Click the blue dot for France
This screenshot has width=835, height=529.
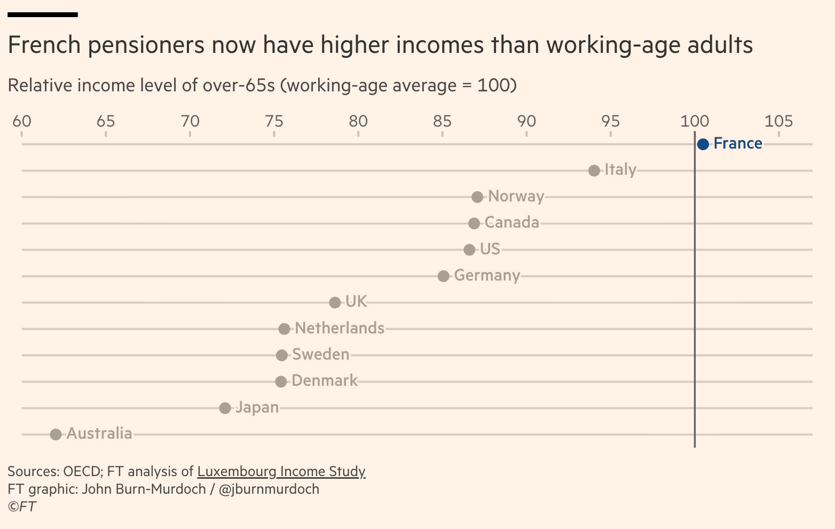703,144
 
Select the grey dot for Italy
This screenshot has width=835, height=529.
594,170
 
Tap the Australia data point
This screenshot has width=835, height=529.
56,434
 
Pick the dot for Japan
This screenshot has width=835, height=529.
225,408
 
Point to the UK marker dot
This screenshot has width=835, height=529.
335,302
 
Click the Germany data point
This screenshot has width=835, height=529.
443,276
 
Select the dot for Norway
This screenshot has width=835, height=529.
477,197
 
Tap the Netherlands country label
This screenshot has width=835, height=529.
340,328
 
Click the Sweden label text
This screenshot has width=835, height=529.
321,354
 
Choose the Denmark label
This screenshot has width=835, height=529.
325,380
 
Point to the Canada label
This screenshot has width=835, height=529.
511,222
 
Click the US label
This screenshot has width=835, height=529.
490,249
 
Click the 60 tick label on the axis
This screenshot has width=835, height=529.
22,121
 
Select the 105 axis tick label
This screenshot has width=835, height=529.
778,121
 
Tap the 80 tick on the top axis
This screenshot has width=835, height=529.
358,121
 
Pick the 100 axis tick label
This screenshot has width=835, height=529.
695,121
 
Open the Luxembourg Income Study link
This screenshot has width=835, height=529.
281,471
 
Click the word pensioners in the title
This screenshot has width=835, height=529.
146,45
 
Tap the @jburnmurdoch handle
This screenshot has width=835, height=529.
269,489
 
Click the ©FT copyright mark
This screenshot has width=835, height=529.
22,507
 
